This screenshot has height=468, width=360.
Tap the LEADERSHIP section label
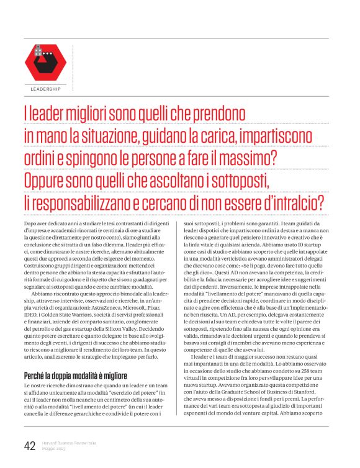45,89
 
